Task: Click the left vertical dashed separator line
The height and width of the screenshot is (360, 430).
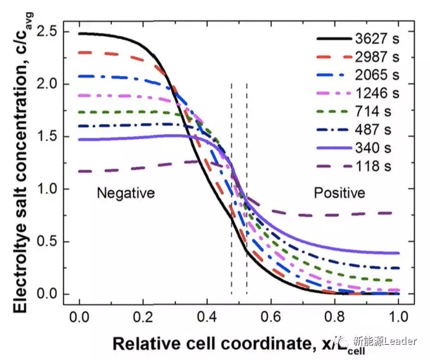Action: pyautogui.click(x=231, y=190)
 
